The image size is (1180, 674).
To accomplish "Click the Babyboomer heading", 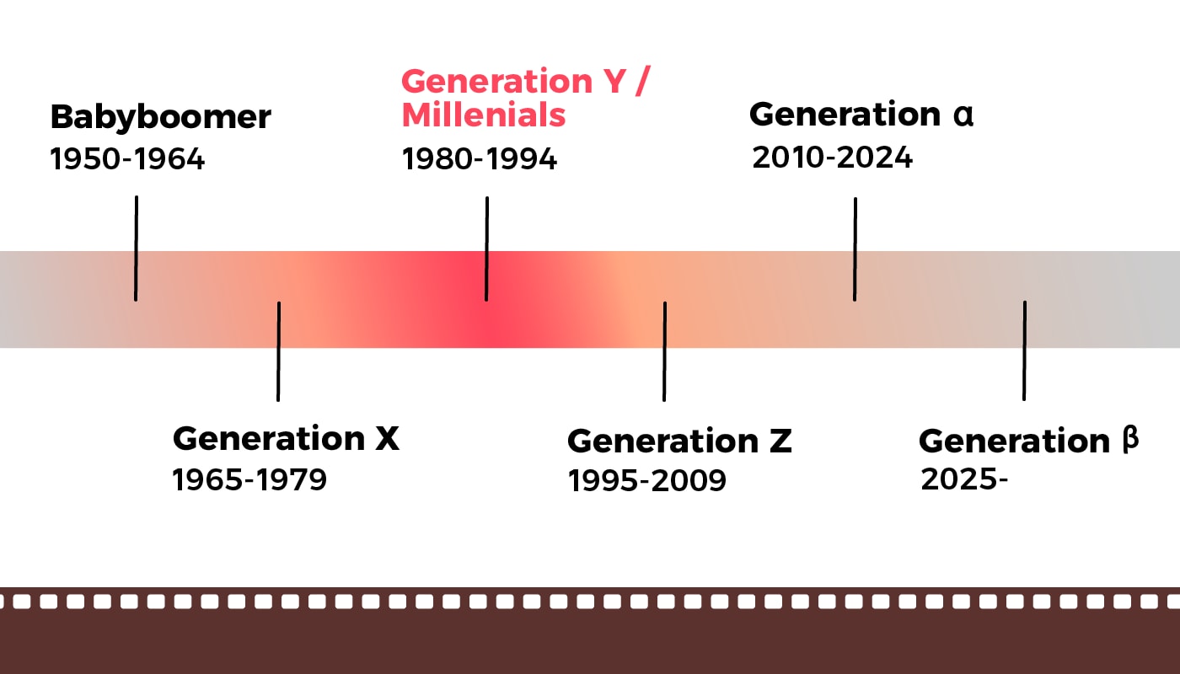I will pyautogui.click(x=160, y=117).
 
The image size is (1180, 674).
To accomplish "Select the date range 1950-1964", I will pyautogui.click(x=127, y=159).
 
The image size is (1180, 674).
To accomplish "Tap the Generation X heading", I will pyautogui.click(x=285, y=439).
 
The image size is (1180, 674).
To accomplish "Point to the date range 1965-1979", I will pyautogui.click(x=249, y=480).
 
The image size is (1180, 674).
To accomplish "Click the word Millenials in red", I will pyautogui.click(x=483, y=115).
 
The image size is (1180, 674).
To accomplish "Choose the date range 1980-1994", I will pyautogui.click(x=479, y=159).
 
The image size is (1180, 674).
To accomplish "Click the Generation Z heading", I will pyautogui.click(x=679, y=441).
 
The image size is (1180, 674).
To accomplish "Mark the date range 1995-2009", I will pyautogui.click(x=646, y=481).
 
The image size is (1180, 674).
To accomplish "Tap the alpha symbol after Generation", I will pyautogui.click(x=963, y=115).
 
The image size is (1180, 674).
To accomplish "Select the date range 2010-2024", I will pyautogui.click(x=832, y=158).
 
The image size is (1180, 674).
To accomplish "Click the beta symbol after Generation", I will pyautogui.click(x=1130, y=440).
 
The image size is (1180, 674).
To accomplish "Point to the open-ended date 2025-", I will pyautogui.click(x=964, y=479).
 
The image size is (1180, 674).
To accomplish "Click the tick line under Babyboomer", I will pyautogui.click(x=136, y=249).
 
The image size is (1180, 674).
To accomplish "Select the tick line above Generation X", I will pyautogui.click(x=278, y=350).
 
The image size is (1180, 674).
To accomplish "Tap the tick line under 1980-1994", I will pyautogui.click(x=486, y=249).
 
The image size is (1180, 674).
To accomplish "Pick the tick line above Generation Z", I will pyautogui.click(x=664, y=350).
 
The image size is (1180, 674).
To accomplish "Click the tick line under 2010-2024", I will pyautogui.click(x=855, y=249).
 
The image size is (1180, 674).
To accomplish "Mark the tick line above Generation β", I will pyautogui.click(x=1024, y=350).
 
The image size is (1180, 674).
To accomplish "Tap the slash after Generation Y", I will pyautogui.click(x=645, y=82).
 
